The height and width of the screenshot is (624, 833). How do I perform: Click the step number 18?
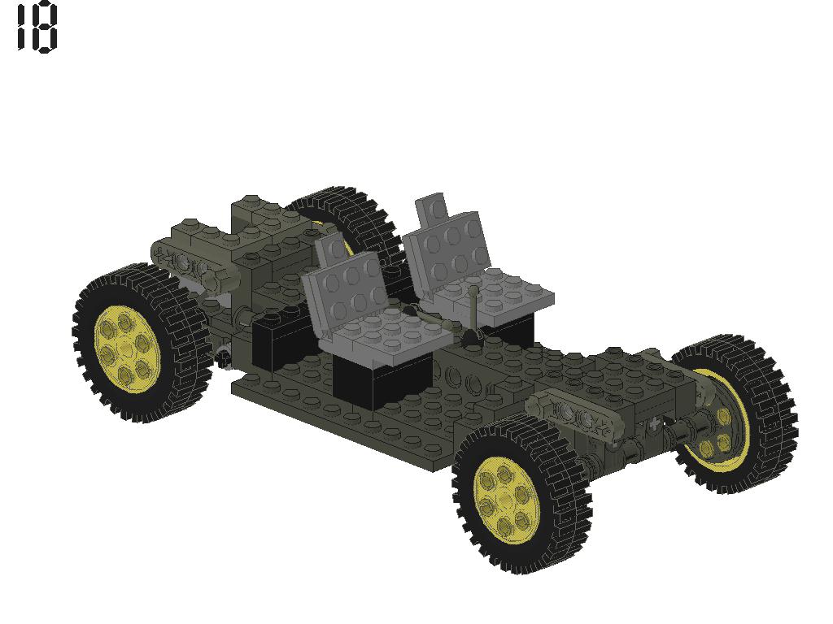click(x=37, y=29)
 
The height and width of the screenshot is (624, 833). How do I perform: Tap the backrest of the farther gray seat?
click(x=450, y=244)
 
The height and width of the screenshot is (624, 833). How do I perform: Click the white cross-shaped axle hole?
click(x=655, y=423)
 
